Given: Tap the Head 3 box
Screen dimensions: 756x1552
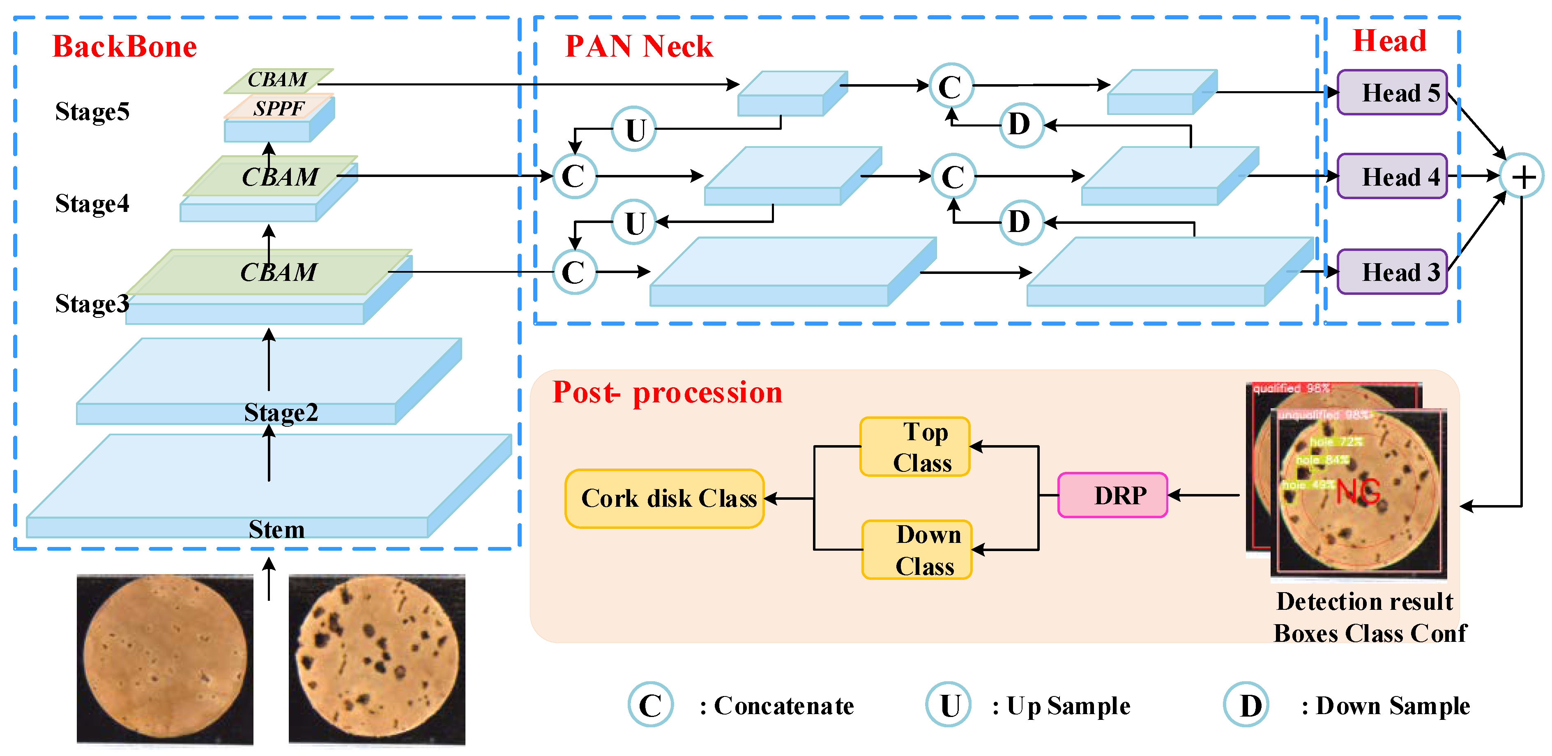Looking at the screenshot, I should click(x=1392, y=272).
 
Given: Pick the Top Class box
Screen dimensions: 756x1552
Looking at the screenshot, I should click(x=914, y=447).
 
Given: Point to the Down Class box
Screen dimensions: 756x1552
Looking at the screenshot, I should click(x=916, y=550).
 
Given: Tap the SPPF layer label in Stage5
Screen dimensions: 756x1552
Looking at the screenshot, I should click(x=279, y=108).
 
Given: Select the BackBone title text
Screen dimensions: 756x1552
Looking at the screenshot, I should click(x=125, y=46).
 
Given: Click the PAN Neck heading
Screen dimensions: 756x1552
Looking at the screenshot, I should click(x=639, y=46).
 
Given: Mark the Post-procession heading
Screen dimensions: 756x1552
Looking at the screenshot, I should click(x=667, y=393).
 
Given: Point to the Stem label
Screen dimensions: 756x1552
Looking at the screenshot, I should click(x=276, y=529).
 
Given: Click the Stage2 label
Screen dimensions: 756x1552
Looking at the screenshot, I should click(x=281, y=413).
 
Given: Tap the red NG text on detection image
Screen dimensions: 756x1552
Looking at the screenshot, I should click(x=1358, y=492).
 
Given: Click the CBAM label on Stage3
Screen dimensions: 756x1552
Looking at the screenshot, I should click(x=279, y=272).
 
